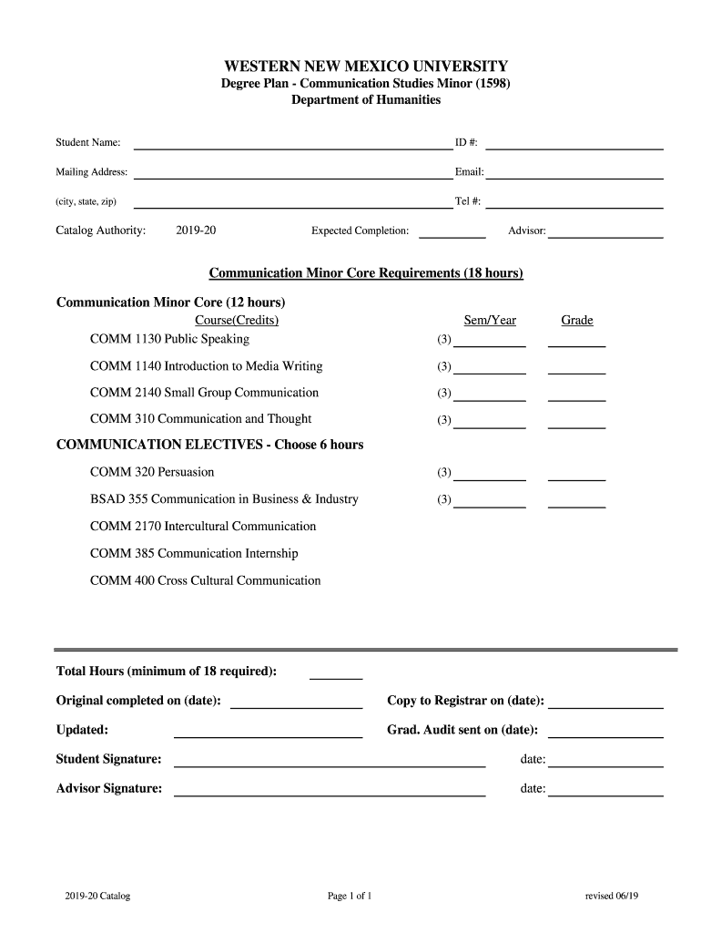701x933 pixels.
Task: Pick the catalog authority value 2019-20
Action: coord(196,231)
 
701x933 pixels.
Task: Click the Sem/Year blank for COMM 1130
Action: coord(490,344)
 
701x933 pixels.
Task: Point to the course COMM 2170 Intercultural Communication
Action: coord(203,527)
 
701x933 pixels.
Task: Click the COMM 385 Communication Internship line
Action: coord(194,553)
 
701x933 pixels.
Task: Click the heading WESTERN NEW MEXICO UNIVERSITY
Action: coord(366,67)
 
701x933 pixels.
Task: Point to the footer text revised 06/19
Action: coord(612,897)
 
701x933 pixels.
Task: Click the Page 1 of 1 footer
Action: coord(350,897)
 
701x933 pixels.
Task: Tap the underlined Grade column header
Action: coord(577,320)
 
